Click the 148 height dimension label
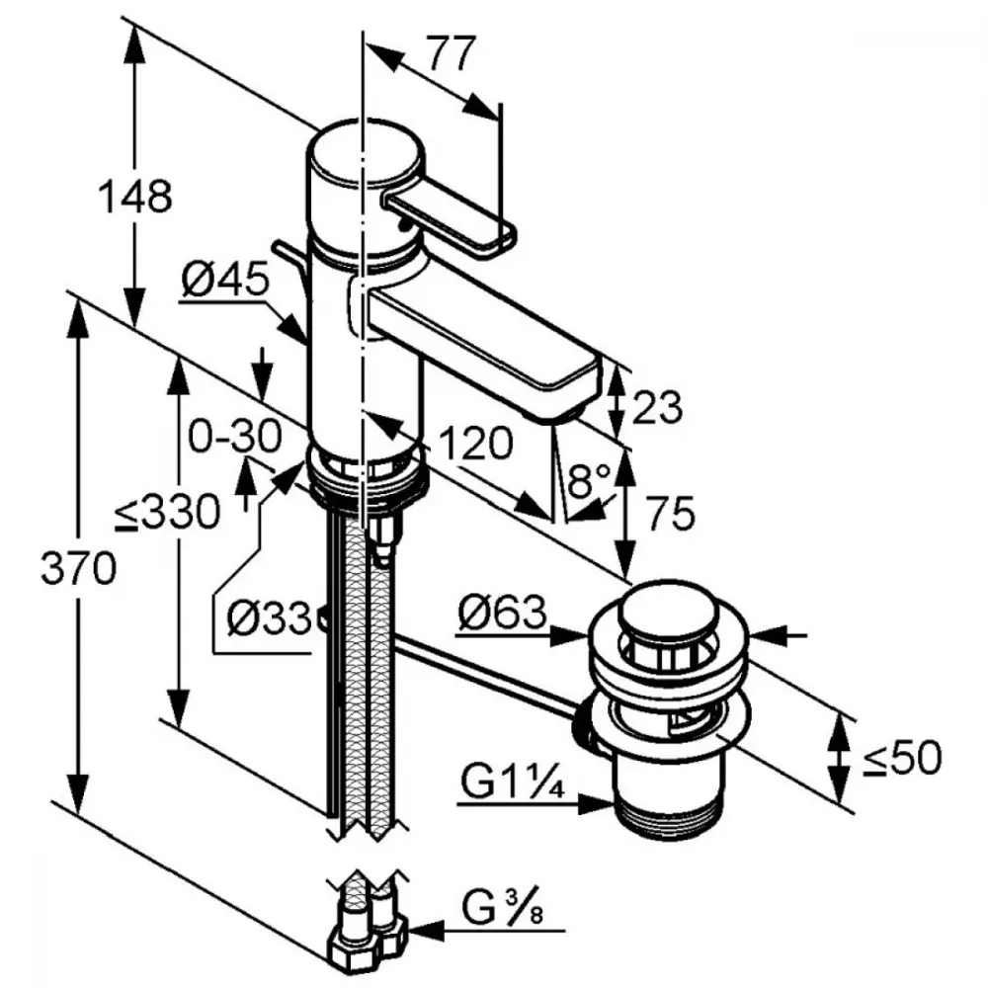134,198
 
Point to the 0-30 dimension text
235,435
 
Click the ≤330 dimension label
164,513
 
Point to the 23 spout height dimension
656,406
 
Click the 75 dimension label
671,513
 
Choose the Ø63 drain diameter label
501,616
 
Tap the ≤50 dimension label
900,758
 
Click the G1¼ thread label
511,785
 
